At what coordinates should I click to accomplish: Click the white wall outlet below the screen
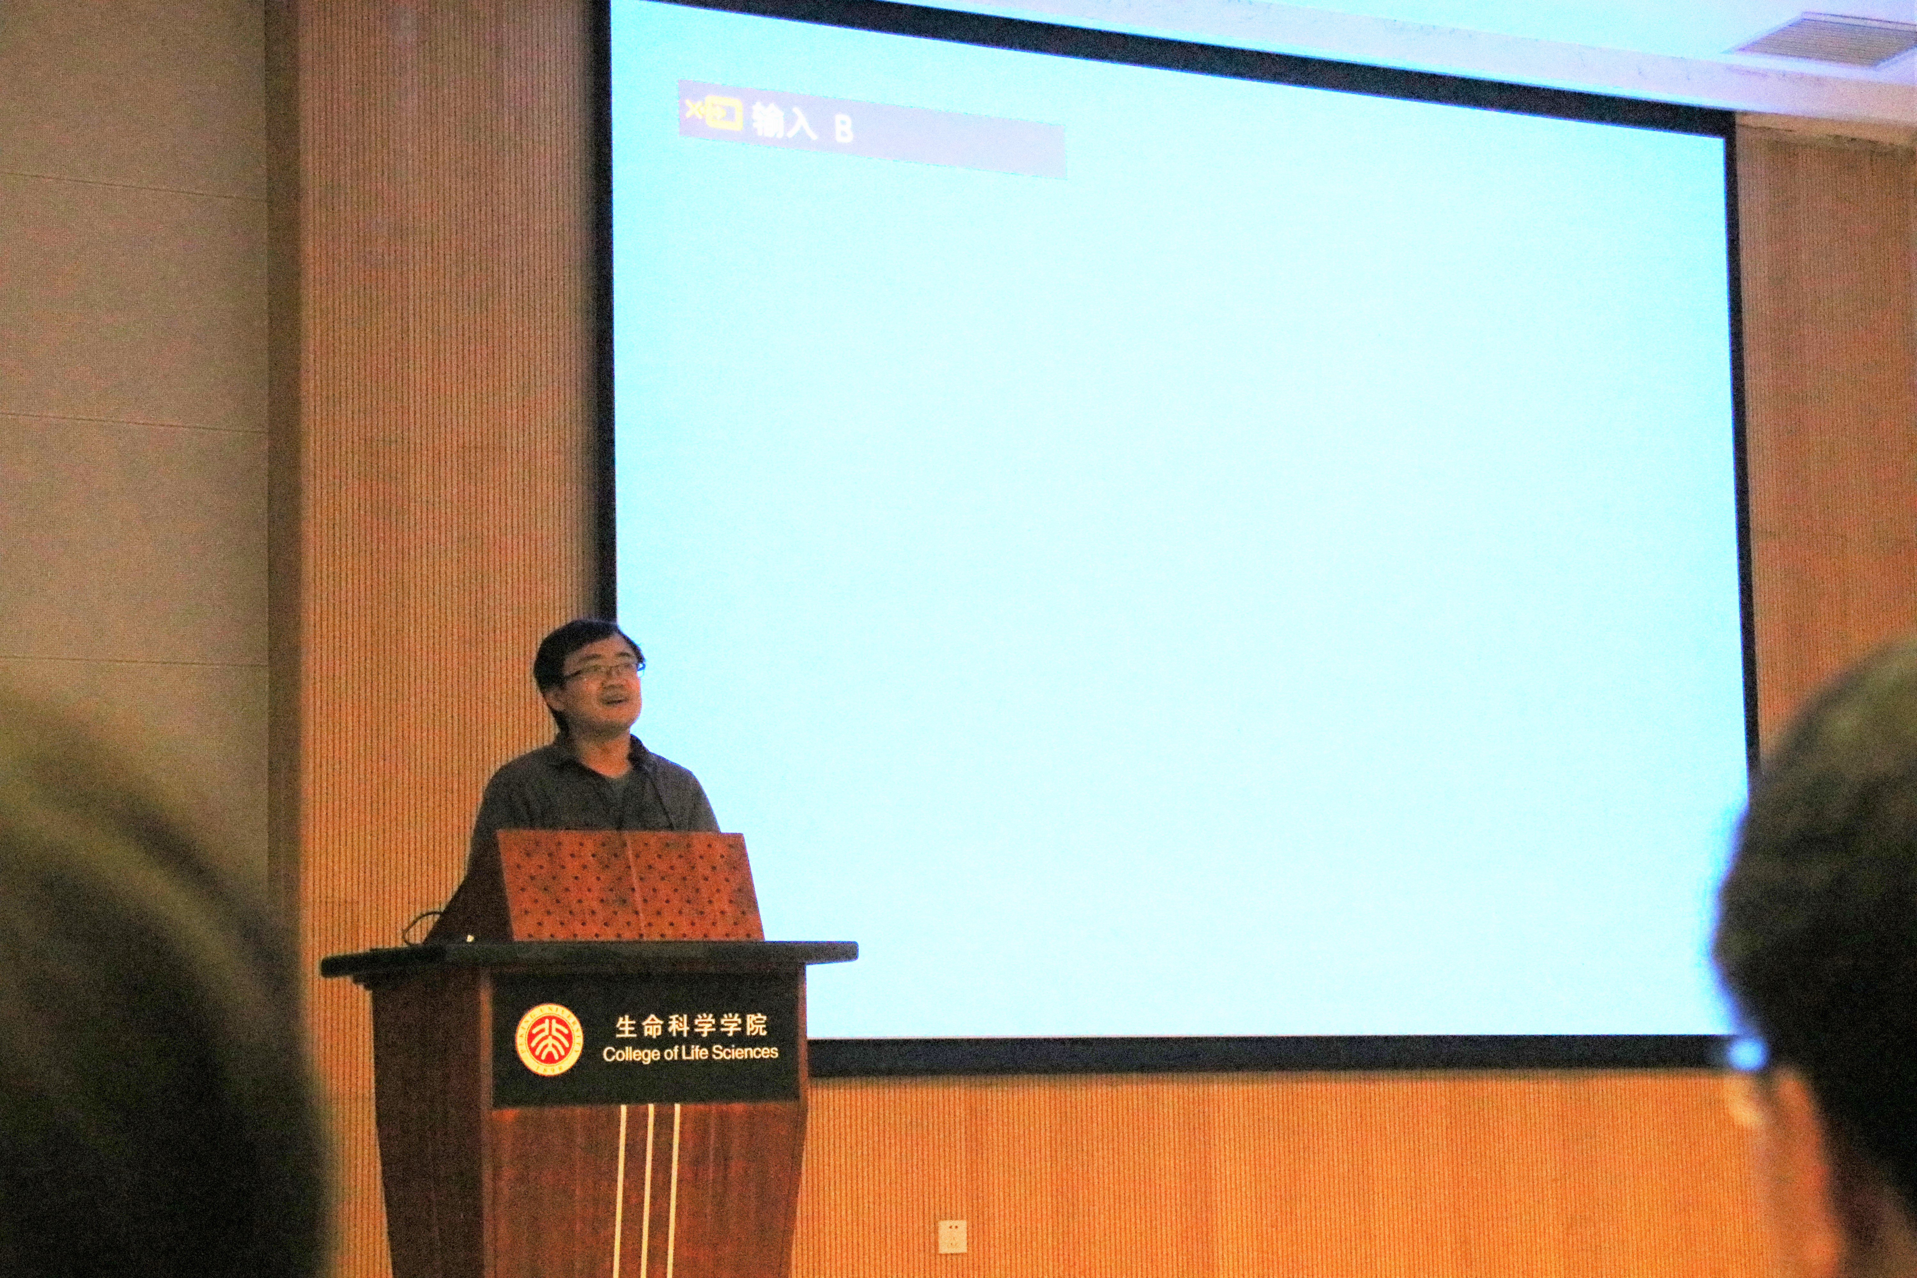coord(952,1236)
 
